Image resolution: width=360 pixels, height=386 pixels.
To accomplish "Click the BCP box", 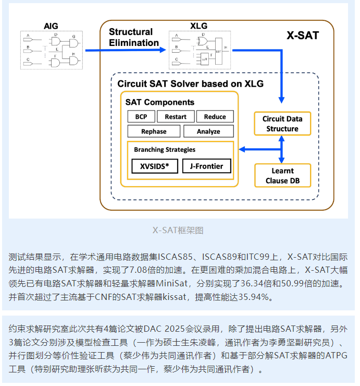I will pyautogui.click(x=141, y=116).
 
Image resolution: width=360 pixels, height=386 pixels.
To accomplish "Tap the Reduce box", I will pyautogui.click(x=215, y=116).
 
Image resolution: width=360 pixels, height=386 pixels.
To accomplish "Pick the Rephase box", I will pyautogui.click(x=154, y=131).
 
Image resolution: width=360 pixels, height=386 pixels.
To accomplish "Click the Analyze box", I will pyautogui.click(x=208, y=131).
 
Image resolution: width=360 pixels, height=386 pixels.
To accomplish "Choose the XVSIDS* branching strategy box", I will pyautogui.click(x=155, y=166).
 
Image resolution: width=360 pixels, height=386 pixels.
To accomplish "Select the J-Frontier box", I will pyautogui.click(x=206, y=166).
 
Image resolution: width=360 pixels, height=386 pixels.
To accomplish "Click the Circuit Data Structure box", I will pyautogui.click(x=282, y=124).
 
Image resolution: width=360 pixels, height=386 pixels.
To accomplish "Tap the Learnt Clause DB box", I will pyautogui.click(x=282, y=176).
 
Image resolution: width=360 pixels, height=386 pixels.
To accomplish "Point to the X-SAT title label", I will pyautogui.click(x=303, y=36).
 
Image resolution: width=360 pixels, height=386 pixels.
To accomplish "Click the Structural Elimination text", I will pyautogui.click(x=134, y=37).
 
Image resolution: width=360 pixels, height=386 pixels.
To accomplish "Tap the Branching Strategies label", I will pyautogui.click(x=165, y=150).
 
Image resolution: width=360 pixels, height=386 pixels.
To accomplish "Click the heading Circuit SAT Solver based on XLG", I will pyautogui.click(x=190, y=83).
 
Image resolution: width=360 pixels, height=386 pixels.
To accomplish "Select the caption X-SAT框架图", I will pyautogui.click(x=178, y=230).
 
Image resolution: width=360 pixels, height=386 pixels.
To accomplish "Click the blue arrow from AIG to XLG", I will pyautogui.click(x=125, y=50).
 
